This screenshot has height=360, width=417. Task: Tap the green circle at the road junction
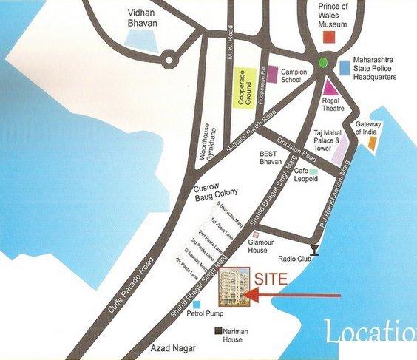tap(323, 64)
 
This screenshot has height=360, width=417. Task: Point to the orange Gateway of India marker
tap(374, 140)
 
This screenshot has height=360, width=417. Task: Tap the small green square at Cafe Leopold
tap(313, 171)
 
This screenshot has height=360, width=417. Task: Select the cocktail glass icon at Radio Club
tap(316, 250)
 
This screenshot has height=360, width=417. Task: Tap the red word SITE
tap(271, 279)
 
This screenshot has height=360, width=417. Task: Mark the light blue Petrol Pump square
tap(196, 304)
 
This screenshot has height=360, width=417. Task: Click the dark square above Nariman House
tap(218, 330)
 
